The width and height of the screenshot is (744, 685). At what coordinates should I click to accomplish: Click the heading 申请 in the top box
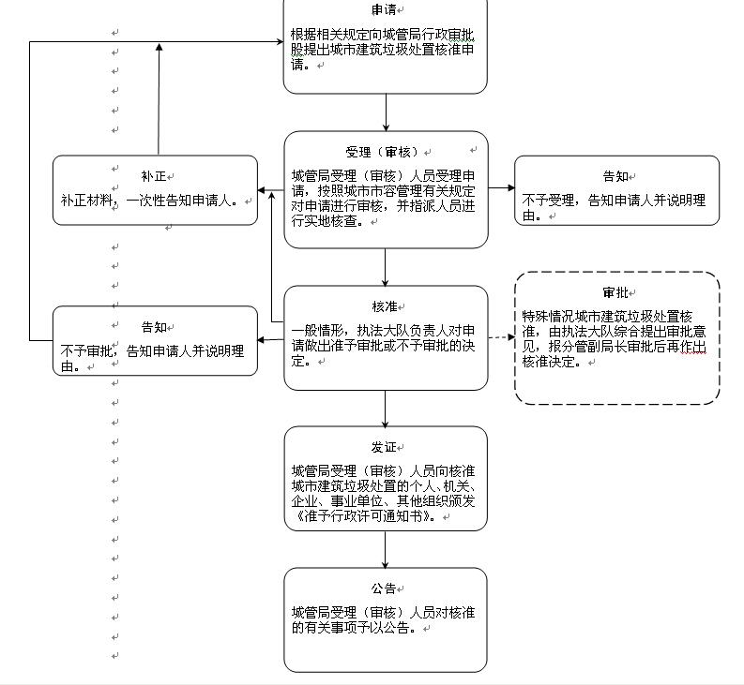coord(384,10)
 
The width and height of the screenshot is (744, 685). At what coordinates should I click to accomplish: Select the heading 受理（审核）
coord(382,152)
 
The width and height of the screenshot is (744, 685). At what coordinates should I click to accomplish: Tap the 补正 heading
coord(153,176)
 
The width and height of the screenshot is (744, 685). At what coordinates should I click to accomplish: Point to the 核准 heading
coord(384,307)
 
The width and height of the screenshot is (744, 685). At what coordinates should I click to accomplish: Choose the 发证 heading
coord(383,448)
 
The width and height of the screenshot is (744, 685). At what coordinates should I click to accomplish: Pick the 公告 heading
coord(383,588)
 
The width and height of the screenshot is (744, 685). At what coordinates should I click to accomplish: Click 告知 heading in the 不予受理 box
coord(615,176)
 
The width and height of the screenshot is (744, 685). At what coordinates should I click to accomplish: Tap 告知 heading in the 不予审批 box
coord(153,327)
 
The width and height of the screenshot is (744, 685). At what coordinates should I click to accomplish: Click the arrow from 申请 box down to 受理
coord(386,112)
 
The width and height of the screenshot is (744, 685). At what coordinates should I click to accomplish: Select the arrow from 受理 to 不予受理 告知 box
coord(501,188)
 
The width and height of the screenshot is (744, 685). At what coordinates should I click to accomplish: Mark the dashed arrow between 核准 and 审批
coord(501,335)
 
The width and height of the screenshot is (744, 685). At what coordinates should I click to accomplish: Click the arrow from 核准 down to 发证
coord(386,408)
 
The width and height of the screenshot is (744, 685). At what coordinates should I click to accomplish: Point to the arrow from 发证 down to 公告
coord(386,549)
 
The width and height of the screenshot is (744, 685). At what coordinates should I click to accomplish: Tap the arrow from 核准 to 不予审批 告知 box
coord(270,340)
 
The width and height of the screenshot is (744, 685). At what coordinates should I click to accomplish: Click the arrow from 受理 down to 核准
coord(386,266)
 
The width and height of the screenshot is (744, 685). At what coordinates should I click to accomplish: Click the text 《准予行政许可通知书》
coord(363,514)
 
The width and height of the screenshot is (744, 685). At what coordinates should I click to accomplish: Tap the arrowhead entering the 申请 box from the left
coord(278,41)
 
